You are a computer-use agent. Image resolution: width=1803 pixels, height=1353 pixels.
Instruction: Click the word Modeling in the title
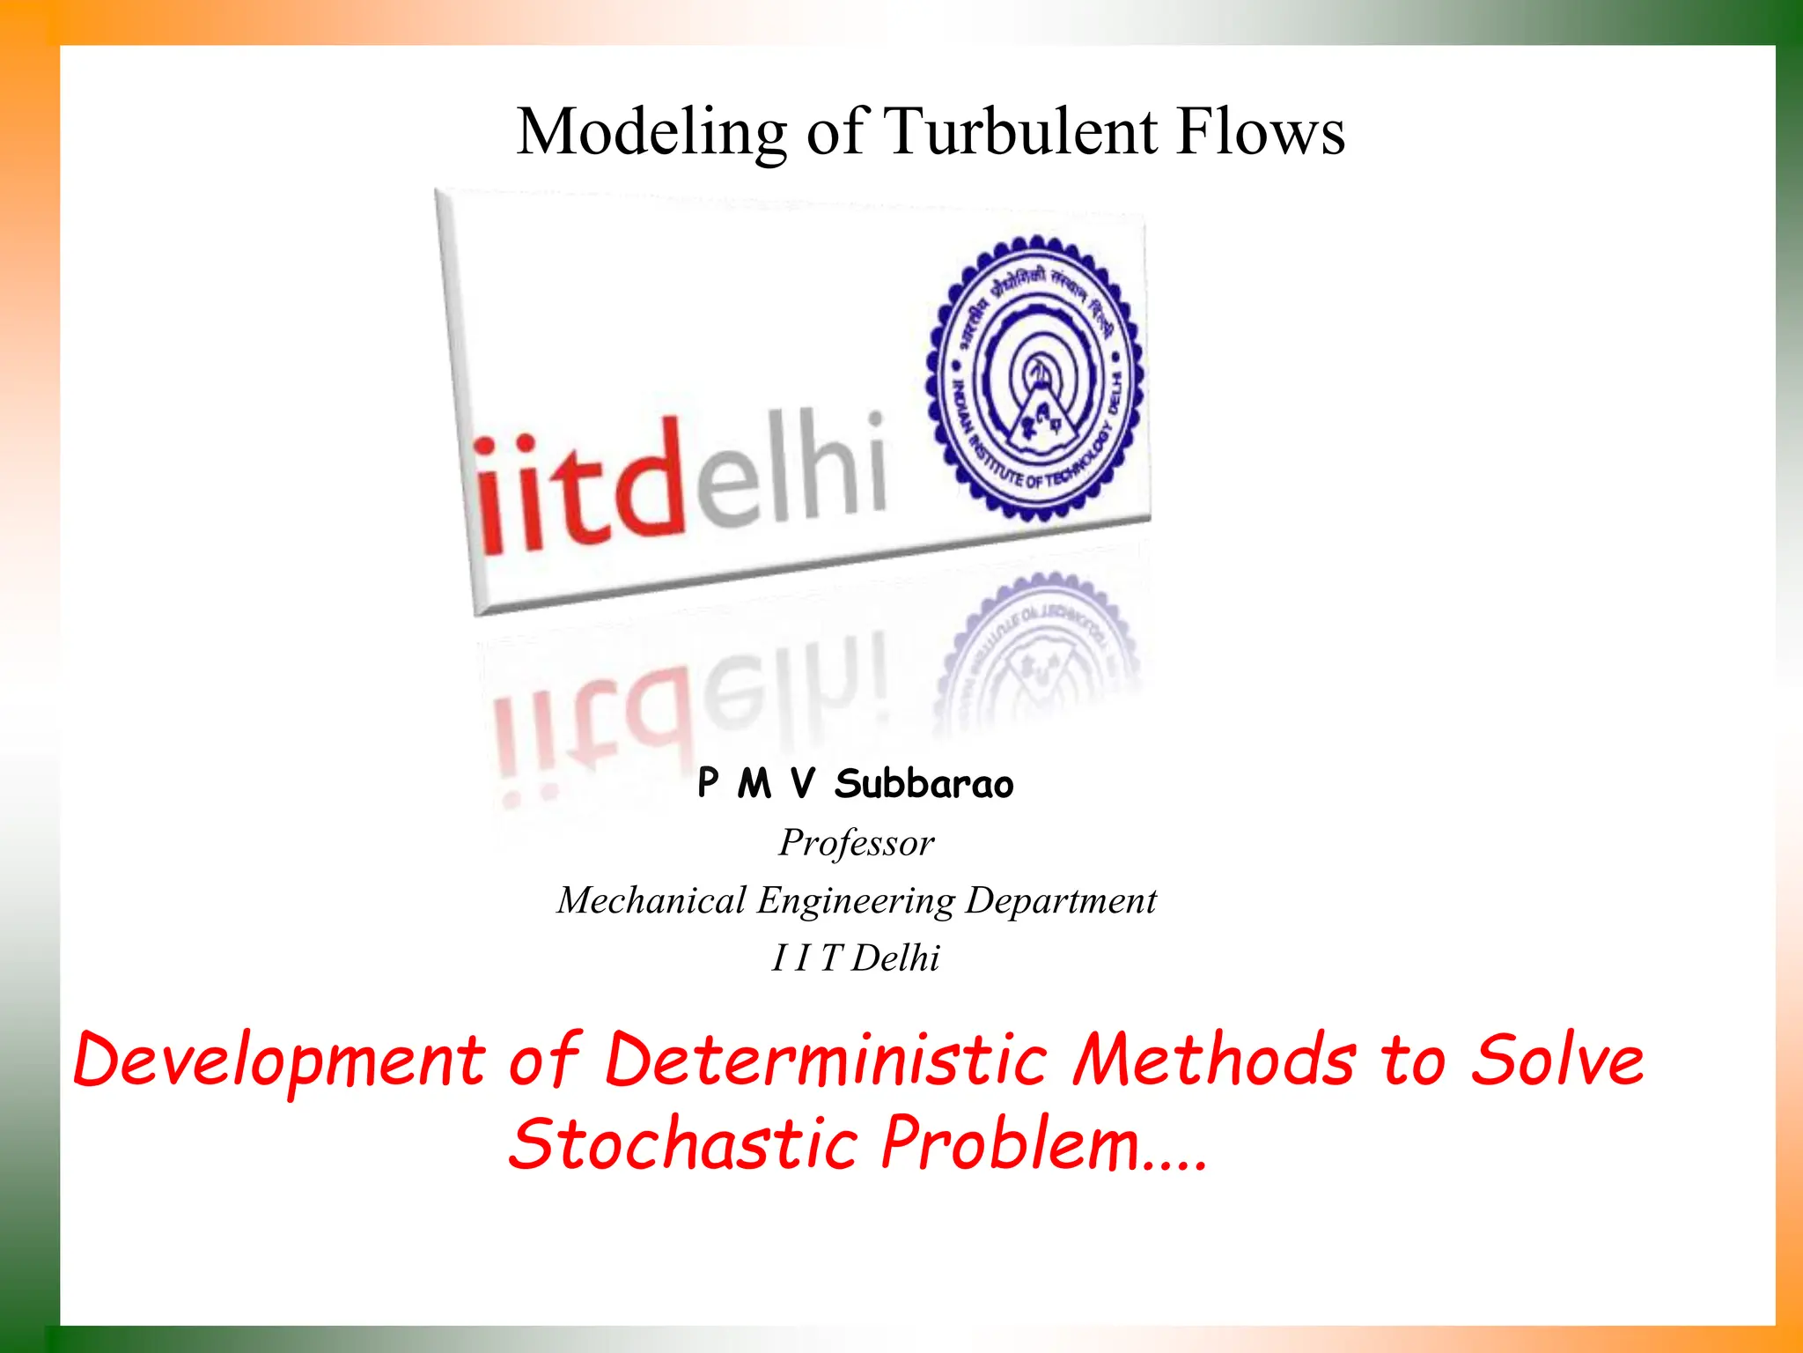pyautogui.click(x=651, y=132)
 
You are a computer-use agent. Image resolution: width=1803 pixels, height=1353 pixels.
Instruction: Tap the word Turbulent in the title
pyautogui.click(x=1020, y=132)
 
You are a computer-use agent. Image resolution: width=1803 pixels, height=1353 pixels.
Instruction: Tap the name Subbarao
pyautogui.click(x=924, y=784)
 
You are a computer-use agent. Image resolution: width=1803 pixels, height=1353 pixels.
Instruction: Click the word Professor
pyautogui.click(x=857, y=843)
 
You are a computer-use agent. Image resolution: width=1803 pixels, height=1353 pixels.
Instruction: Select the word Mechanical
pyautogui.click(x=651, y=900)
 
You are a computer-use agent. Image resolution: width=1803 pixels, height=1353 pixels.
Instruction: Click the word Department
pyautogui.click(x=1061, y=900)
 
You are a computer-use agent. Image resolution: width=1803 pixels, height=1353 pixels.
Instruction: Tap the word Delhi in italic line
pyautogui.click(x=895, y=958)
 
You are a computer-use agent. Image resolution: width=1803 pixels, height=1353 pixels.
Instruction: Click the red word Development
pyautogui.click(x=278, y=1061)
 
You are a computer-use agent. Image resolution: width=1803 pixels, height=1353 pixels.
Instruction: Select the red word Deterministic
pyautogui.click(x=826, y=1059)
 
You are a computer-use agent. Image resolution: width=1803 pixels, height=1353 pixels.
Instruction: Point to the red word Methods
pyautogui.click(x=1215, y=1059)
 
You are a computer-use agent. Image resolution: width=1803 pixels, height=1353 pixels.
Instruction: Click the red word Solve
pyautogui.click(x=1557, y=1059)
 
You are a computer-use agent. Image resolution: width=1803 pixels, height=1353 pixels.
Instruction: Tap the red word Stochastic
pyautogui.click(x=683, y=1142)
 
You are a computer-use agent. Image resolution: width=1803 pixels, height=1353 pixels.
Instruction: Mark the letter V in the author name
pyautogui.click(x=802, y=784)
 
